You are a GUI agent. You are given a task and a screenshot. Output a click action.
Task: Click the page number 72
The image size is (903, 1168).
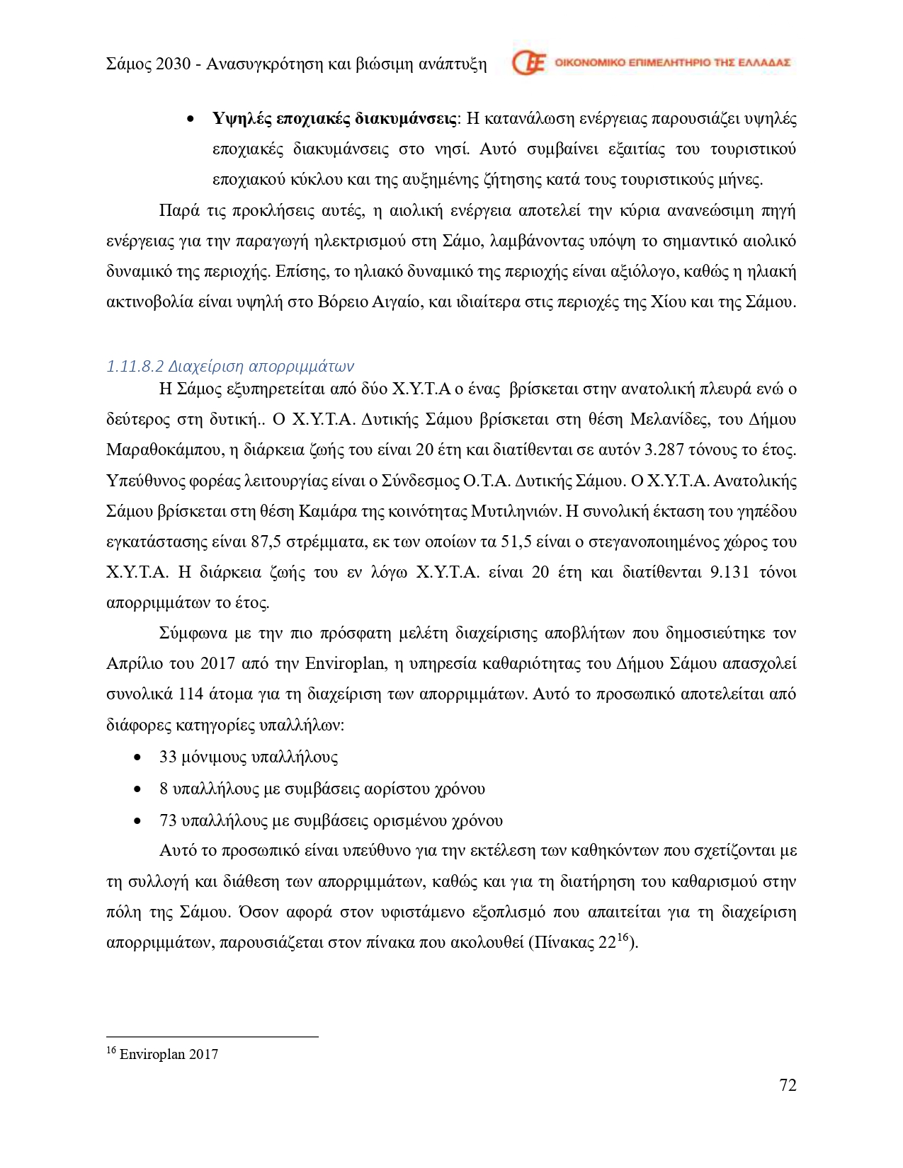click(788, 1085)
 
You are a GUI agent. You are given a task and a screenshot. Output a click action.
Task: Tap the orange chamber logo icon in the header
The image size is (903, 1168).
click(528, 63)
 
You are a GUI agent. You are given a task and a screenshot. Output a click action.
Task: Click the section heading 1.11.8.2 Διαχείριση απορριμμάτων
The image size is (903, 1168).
click(229, 366)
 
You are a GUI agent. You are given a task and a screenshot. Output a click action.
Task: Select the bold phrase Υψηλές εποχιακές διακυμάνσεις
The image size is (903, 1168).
click(334, 118)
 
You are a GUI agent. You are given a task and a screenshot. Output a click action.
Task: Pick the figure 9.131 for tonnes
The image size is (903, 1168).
click(729, 572)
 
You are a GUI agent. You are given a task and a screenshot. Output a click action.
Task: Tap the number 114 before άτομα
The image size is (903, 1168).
click(191, 694)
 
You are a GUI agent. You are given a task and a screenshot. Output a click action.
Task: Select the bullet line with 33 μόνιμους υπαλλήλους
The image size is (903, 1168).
click(248, 757)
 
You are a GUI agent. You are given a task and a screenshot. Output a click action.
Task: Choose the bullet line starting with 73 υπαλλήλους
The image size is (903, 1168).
click(331, 820)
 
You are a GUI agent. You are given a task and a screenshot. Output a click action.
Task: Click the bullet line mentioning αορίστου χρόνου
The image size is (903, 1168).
click(322, 789)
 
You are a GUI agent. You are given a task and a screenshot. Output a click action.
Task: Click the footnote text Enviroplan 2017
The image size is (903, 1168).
click(169, 1054)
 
